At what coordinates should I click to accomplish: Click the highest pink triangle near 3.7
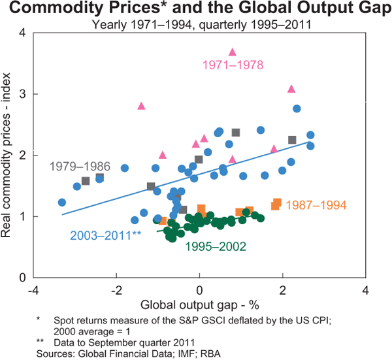pos(232,52)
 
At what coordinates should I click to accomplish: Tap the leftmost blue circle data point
pos(62,203)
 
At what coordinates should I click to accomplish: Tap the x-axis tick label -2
pos(116,291)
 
